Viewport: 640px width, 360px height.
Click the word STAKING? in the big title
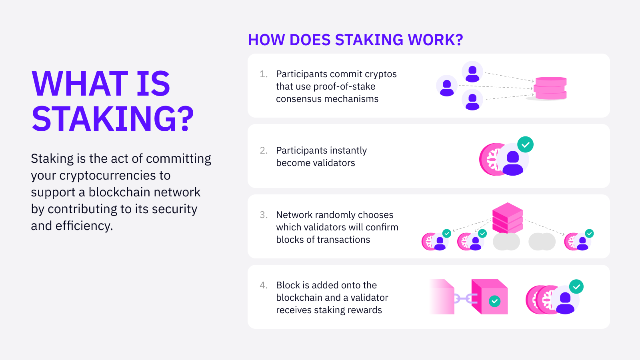pos(113,119)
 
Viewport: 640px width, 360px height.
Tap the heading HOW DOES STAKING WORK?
pos(355,40)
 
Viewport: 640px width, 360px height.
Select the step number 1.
pos(263,74)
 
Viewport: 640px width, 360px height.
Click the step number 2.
pos(263,150)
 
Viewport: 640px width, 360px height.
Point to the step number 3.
pos(263,215)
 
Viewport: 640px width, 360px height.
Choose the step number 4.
pos(263,285)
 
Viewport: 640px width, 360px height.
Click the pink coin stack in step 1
pos(550,88)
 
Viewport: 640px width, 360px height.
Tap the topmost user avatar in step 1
pos(472,72)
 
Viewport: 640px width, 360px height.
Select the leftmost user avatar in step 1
pos(447,86)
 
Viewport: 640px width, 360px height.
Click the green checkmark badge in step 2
pos(525,144)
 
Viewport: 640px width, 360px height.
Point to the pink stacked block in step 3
pos(508,217)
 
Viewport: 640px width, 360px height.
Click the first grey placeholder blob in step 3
pos(506,242)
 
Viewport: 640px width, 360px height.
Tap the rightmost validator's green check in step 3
pos(589,233)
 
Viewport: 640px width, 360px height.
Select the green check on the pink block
pos(495,301)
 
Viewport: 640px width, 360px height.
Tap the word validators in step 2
pos(335,163)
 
